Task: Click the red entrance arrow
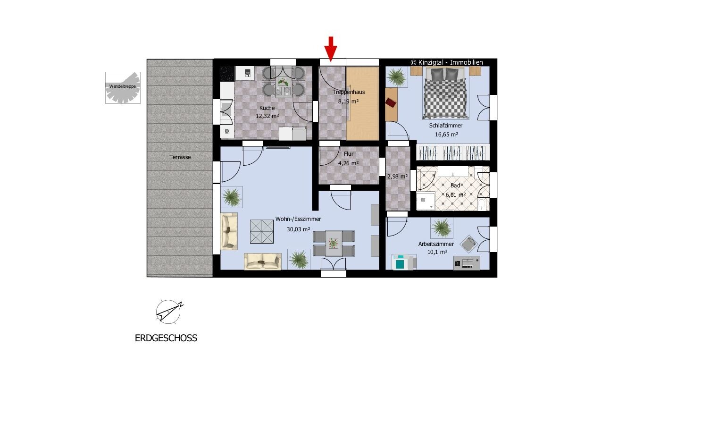(x=331, y=49)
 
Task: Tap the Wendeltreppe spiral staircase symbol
(x=123, y=88)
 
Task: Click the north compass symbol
(x=169, y=312)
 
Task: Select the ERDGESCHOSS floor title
(x=166, y=338)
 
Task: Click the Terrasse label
(x=180, y=157)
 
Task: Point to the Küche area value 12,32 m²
(x=267, y=116)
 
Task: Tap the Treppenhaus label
(x=349, y=92)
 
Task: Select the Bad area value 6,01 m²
(x=455, y=195)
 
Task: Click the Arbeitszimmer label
(x=436, y=244)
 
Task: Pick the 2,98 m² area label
(x=397, y=177)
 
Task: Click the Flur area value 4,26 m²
(x=348, y=163)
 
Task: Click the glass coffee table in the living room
(x=261, y=231)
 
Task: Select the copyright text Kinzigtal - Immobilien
(x=447, y=62)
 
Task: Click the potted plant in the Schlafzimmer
(x=397, y=77)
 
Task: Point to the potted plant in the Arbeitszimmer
(x=442, y=227)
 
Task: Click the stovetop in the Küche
(x=227, y=74)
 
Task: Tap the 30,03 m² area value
(x=298, y=229)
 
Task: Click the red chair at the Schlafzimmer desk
(x=391, y=103)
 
